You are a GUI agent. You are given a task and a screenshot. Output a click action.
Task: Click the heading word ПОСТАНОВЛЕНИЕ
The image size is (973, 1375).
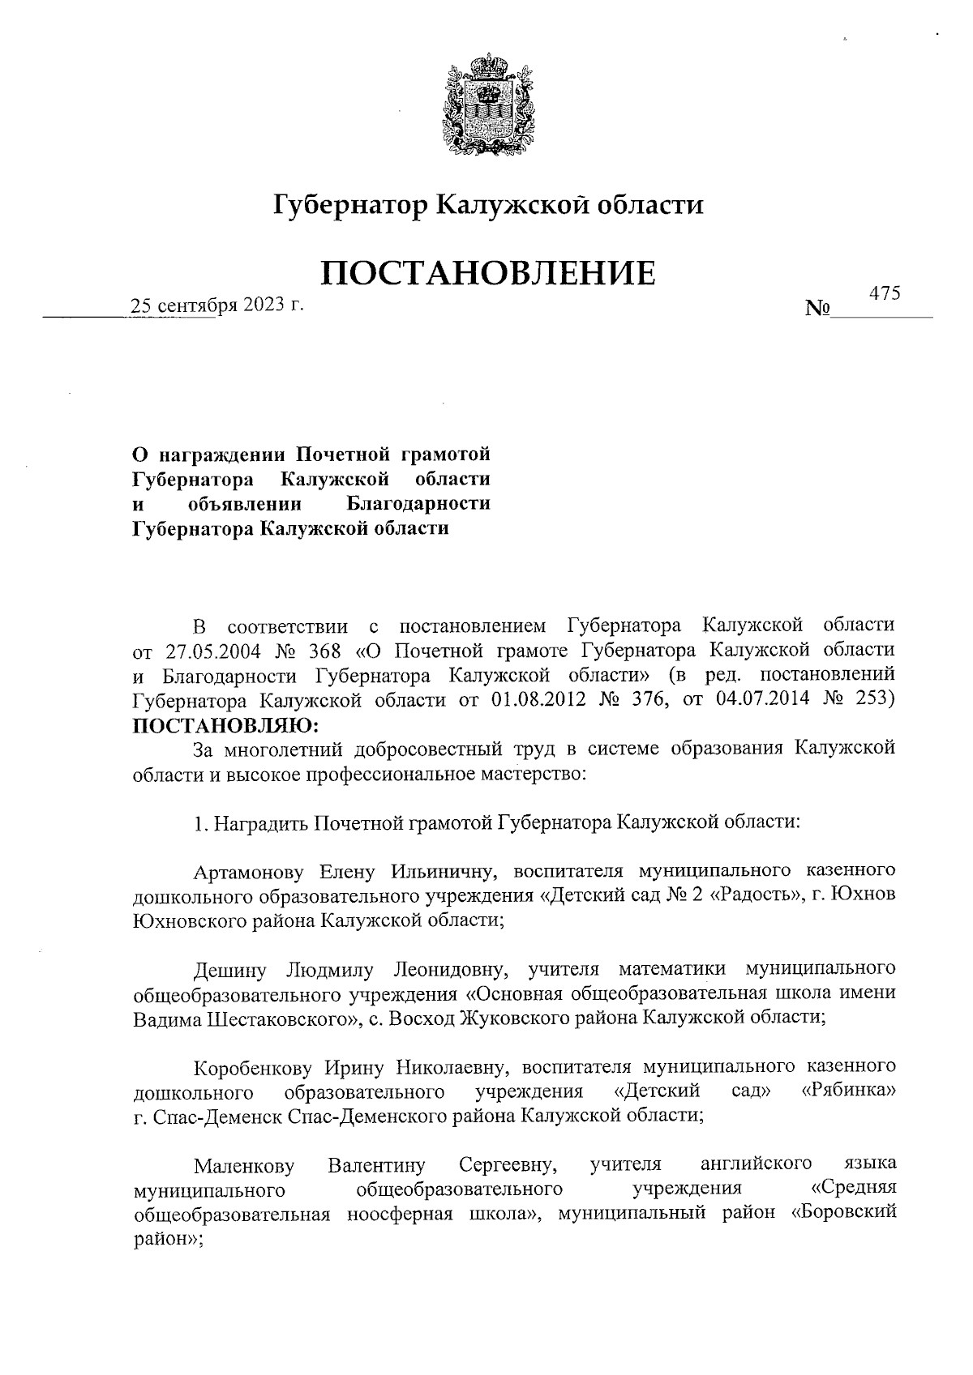click(x=488, y=274)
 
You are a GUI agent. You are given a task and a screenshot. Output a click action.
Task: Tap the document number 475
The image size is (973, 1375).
click(x=885, y=295)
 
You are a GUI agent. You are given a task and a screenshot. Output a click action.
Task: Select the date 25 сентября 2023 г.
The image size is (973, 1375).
click(x=217, y=305)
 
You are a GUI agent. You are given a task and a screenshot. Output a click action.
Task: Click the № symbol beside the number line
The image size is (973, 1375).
click(x=818, y=309)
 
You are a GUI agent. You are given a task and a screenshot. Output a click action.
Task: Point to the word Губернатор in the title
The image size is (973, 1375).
click(x=349, y=206)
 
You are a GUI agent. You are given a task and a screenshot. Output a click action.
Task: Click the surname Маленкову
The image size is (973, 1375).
click(x=244, y=1166)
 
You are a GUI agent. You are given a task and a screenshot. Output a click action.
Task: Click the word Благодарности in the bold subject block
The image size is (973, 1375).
click(x=418, y=504)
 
